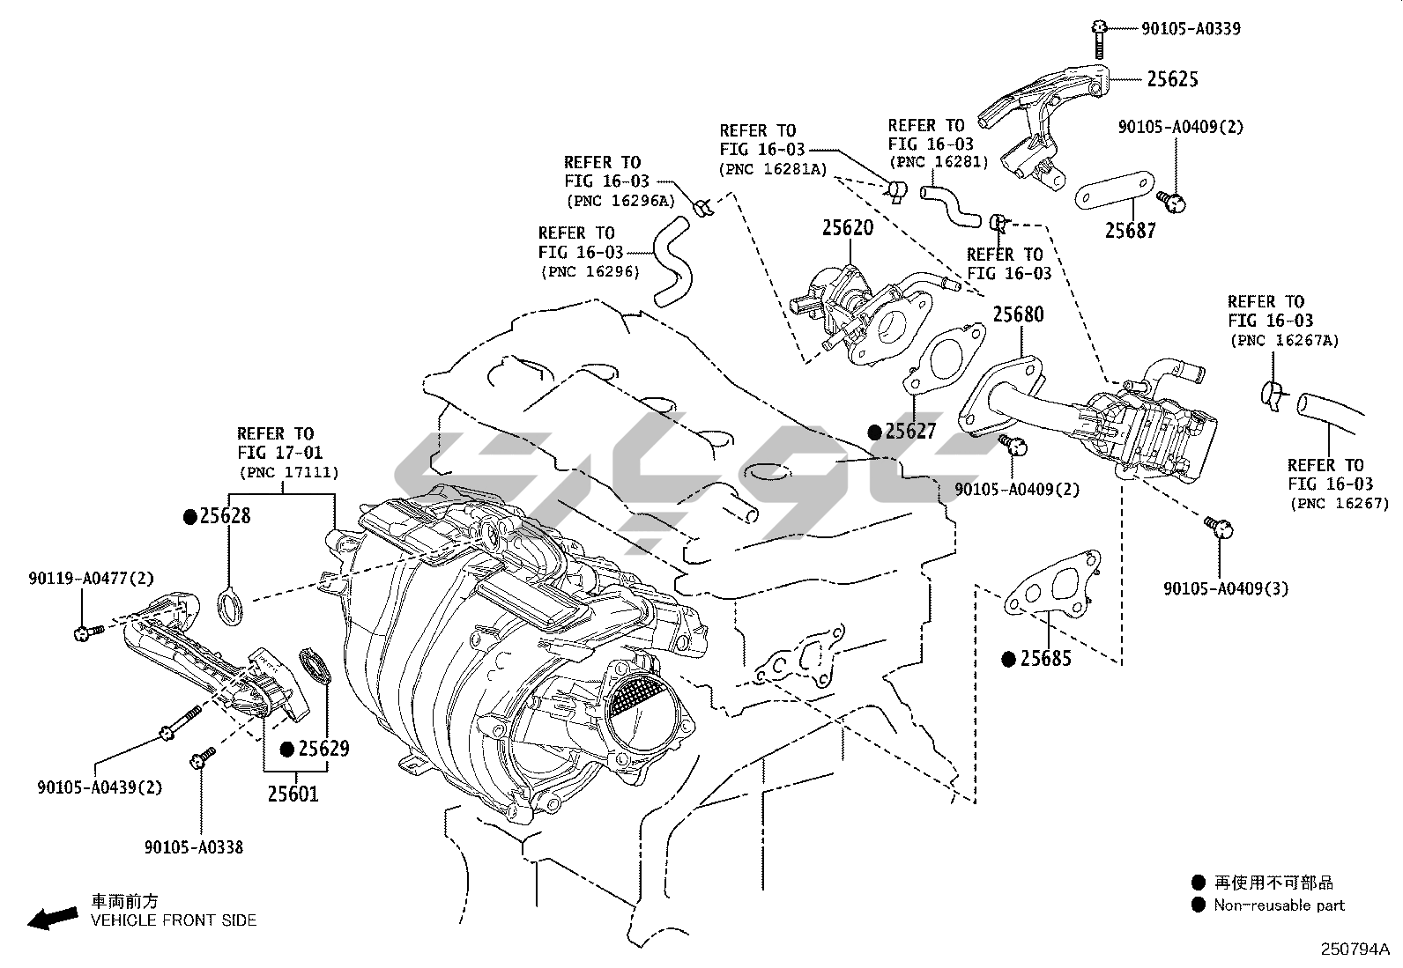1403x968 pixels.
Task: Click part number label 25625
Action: (x=1172, y=79)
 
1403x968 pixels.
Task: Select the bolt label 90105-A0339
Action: (x=1191, y=29)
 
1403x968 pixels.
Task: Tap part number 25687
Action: (x=1131, y=231)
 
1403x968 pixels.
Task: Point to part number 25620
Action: (x=848, y=228)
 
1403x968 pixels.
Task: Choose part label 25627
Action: (x=910, y=432)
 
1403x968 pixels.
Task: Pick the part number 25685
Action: (x=1046, y=659)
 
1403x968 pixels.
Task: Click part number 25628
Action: (x=225, y=516)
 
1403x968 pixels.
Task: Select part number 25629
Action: (x=323, y=749)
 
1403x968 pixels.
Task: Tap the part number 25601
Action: (x=293, y=794)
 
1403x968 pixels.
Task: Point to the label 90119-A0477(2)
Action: (x=91, y=579)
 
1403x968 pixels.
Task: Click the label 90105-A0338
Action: (x=194, y=847)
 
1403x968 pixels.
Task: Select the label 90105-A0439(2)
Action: (x=100, y=787)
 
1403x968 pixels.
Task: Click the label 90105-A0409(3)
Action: (x=1226, y=588)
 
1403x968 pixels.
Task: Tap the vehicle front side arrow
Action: (x=49, y=919)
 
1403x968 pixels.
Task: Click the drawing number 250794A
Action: (x=1355, y=950)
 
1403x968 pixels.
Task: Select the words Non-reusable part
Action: (x=1279, y=905)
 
